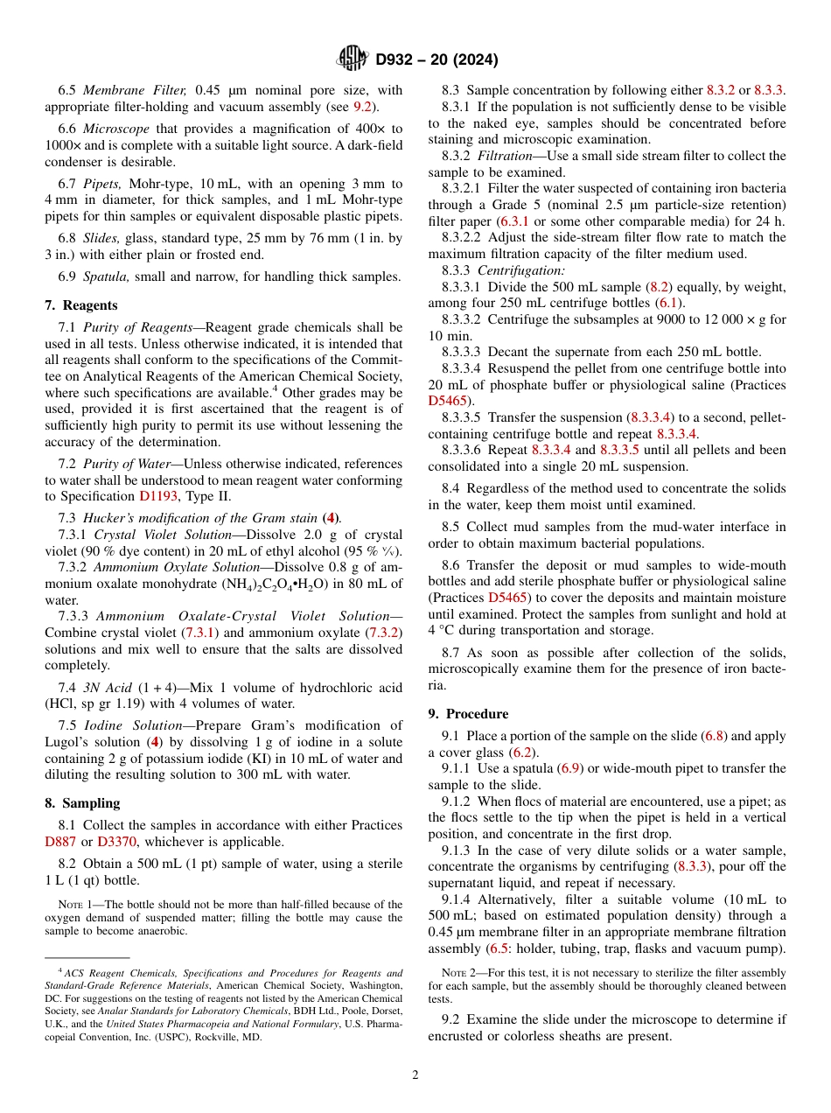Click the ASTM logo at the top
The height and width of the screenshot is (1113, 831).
coord(353,59)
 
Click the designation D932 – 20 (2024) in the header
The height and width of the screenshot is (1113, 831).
coord(436,60)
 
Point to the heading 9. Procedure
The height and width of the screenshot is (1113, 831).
coord(468,714)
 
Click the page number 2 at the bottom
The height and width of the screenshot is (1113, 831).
coord(415,1075)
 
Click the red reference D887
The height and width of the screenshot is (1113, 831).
coord(61,842)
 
